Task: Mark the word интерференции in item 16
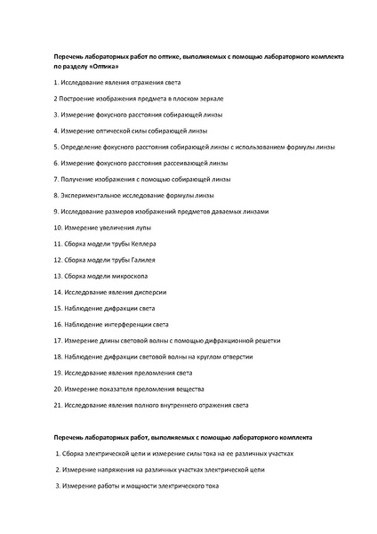coord(140,324)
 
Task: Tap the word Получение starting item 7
coord(76,179)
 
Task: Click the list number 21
coord(58,404)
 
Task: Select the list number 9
coord(56,211)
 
